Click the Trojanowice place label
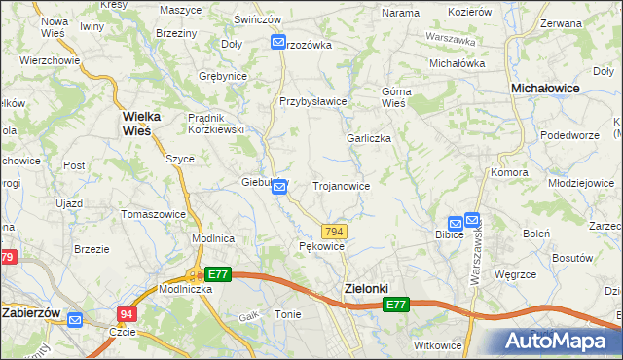click(x=340, y=185)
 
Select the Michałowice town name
click(x=546, y=88)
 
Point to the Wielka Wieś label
click(x=148, y=123)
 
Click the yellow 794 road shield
click(x=334, y=231)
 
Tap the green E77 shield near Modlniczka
click(x=218, y=275)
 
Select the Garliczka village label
click(x=369, y=138)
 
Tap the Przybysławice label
click(x=313, y=101)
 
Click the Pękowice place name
click(x=321, y=247)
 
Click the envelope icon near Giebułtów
click(x=279, y=186)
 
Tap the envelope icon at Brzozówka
click(x=278, y=43)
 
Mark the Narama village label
click(x=400, y=13)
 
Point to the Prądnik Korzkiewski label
click(x=215, y=123)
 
